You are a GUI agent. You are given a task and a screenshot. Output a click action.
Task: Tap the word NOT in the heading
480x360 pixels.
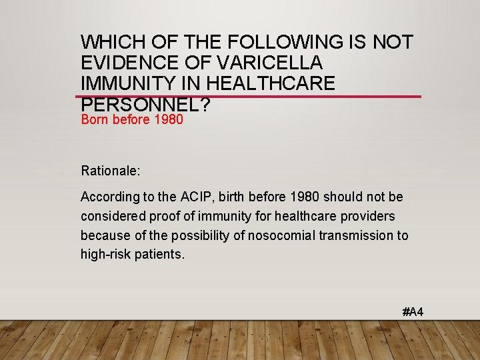(392, 42)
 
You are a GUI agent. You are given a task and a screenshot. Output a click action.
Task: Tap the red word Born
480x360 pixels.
(95, 121)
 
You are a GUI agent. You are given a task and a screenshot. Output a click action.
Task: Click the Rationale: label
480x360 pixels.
(111, 171)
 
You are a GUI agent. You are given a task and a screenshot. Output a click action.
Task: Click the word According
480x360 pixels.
(107, 197)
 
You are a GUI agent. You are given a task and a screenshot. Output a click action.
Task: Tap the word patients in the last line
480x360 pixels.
(160, 255)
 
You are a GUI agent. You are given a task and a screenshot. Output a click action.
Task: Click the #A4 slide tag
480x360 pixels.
(413, 312)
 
